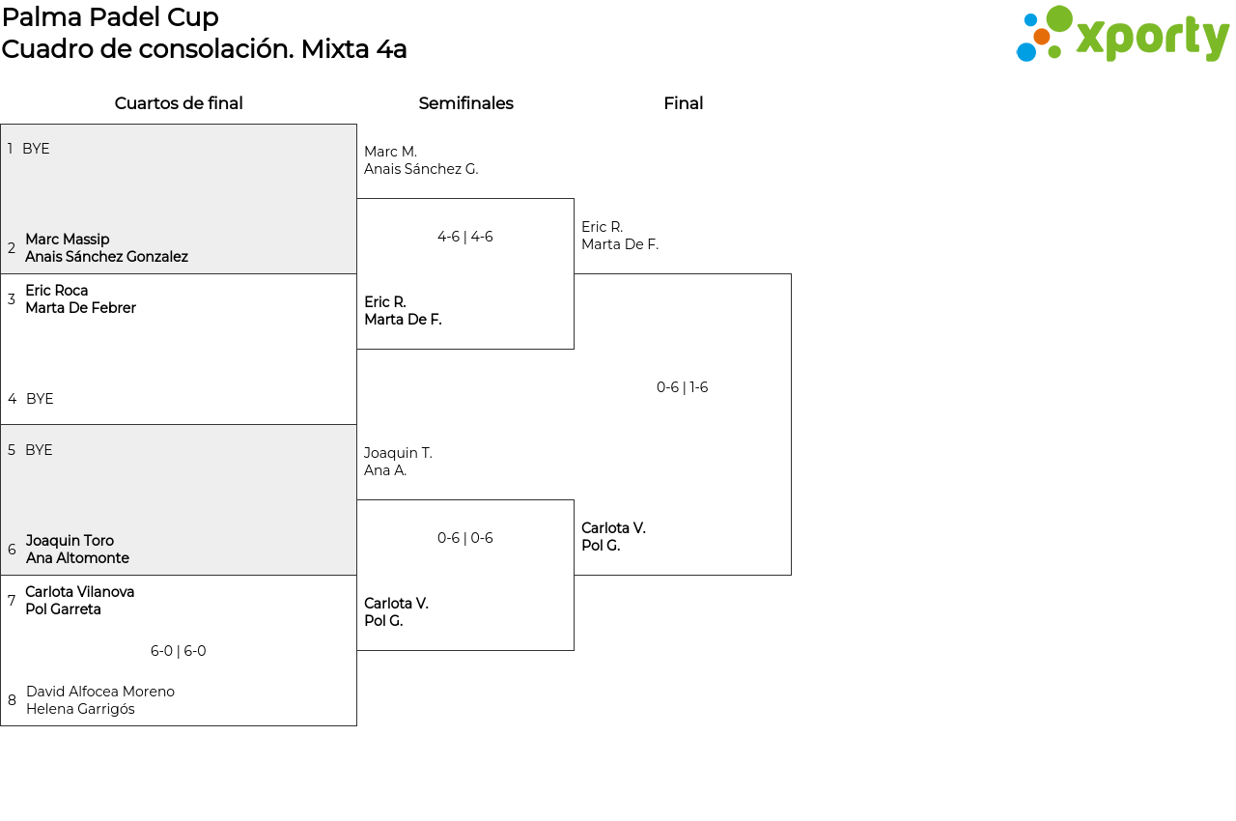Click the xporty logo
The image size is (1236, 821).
(x=1122, y=35)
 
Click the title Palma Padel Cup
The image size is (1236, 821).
(x=110, y=17)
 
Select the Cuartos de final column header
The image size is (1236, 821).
(x=179, y=103)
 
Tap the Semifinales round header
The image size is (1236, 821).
(x=465, y=103)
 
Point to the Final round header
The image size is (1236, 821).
(x=683, y=103)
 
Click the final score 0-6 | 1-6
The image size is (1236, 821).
(x=682, y=387)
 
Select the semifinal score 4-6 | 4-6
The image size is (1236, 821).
(x=464, y=237)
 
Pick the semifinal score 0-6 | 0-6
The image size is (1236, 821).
(x=464, y=538)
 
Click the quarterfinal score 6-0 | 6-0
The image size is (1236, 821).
(x=178, y=651)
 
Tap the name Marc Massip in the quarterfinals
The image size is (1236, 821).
(x=68, y=240)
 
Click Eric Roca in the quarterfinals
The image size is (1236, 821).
(x=57, y=291)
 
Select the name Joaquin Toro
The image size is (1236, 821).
(x=70, y=541)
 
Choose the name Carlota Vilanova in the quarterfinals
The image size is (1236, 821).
(x=80, y=592)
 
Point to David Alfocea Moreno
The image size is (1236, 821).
(x=100, y=692)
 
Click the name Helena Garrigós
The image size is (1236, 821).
(x=80, y=709)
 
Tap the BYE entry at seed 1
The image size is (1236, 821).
(x=36, y=149)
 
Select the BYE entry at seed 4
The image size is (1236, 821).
(x=40, y=399)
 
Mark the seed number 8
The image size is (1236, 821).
(x=12, y=700)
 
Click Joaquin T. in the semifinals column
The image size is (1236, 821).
(x=398, y=453)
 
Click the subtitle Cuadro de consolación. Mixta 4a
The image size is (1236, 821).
(x=204, y=49)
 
